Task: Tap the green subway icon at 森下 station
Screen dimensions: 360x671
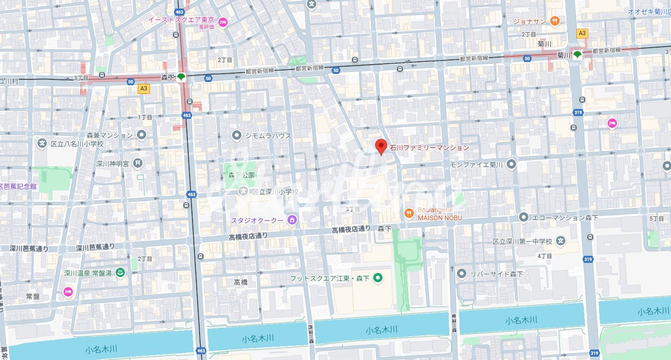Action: tap(181, 77)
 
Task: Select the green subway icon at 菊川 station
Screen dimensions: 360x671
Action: tap(577, 54)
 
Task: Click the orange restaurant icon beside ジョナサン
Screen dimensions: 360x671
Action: tap(555, 21)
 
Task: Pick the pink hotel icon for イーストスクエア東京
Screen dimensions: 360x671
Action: tap(223, 21)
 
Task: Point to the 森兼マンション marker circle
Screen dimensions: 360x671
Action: tap(141, 135)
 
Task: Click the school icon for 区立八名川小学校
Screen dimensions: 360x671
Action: tap(42, 143)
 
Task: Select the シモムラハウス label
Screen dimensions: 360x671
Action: tap(268, 136)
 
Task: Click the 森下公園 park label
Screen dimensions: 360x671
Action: tap(238, 175)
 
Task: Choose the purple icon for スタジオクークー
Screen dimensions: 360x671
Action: tap(292, 220)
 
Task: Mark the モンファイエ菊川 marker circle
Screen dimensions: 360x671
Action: tap(511, 164)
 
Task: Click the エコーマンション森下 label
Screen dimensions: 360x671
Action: tap(565, 217)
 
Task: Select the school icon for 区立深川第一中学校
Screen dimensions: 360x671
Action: tap(561, 241)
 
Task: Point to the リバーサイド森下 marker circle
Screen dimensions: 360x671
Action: tap(462, 274)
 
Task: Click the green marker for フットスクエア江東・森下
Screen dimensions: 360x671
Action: tap(378, 278)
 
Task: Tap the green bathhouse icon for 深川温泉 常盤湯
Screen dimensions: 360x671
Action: tap(120, 273)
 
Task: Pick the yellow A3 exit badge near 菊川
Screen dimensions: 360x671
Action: tap(582, 33)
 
